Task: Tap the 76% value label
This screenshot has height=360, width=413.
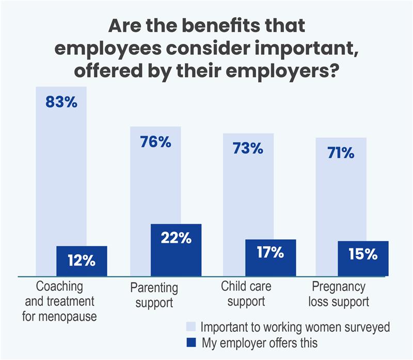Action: click(155, 142)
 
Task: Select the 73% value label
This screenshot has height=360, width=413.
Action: click(248, 149)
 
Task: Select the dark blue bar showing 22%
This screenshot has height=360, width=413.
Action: click(176, 250)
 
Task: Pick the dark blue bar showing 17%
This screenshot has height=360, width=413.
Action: click(270, 258)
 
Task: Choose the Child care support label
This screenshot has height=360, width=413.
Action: click(246, 293)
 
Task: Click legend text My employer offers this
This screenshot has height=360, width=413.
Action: click(259, 342)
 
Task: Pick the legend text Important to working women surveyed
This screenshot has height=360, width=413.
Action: click(295, 327)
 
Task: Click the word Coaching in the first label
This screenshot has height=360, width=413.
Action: click(59, 286)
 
